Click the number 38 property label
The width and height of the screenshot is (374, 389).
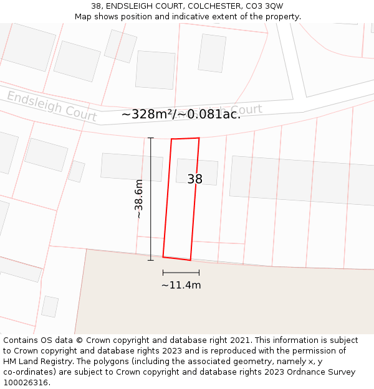click(x=194, y=179)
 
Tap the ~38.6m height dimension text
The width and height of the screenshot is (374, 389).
click(x=139, y=199)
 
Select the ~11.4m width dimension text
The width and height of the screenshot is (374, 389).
click(x=181, y=285)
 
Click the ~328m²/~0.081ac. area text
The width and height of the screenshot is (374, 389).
click(x=181, y=114)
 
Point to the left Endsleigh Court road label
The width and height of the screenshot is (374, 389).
click(x=52, y=105)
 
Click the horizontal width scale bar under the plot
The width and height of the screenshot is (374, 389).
click(x=181, y=273)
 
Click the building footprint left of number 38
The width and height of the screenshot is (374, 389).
click(x=132, y=167)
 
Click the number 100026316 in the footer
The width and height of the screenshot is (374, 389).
click(x=26, y=382)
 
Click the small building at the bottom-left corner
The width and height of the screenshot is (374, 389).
click(x=50, y=306)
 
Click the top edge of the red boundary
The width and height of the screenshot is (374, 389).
click(x=185, y=138)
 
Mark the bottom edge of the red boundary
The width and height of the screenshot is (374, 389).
click(x=177, y=258)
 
